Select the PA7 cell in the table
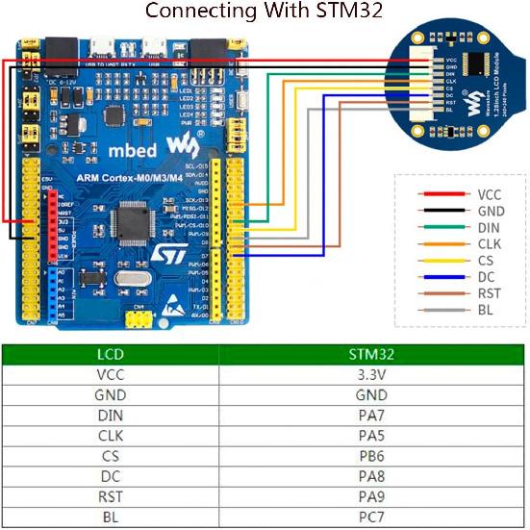click(x=373, y=415)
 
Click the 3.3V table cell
click(x=373, y=374)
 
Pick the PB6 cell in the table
click(x=373, y=455)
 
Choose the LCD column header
click(x=111, y=354)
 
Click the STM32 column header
click(x=373, y=354)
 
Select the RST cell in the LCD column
click(x=111, y=495)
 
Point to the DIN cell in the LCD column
click(x=111, y=415)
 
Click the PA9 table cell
click(x=373, y=495)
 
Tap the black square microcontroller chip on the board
click(x=130, y=222)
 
